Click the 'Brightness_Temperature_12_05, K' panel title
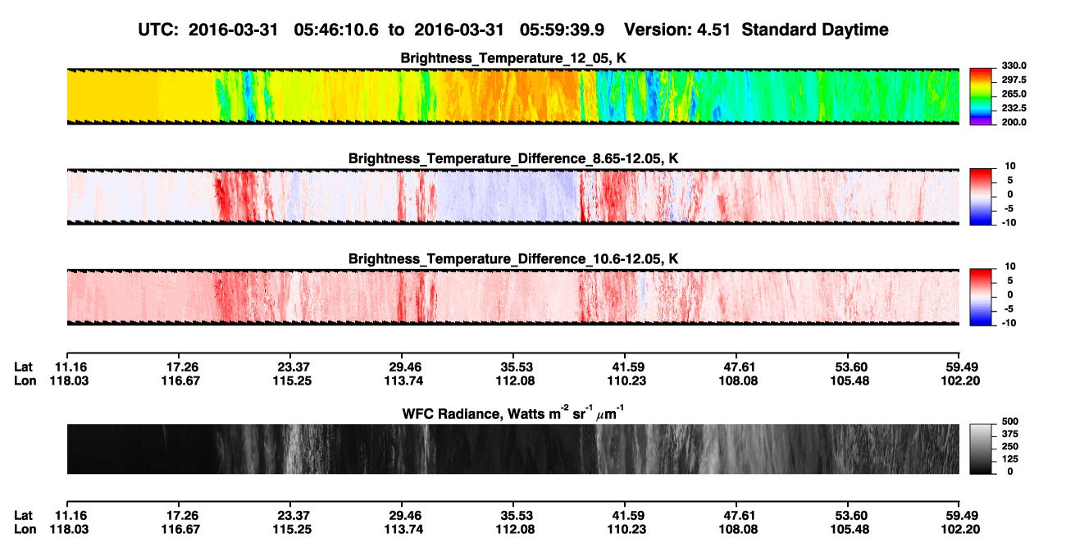(513, 58)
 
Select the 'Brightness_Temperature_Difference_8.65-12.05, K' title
(513, 158)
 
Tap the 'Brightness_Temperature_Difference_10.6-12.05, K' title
(513, 259)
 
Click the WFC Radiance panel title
(513, 413)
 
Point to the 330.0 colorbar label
(1014, 66)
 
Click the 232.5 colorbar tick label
(1014, 108)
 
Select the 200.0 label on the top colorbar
(1014, 122)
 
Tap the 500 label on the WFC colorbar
(1009, 422)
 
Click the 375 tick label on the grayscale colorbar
(1009, 434)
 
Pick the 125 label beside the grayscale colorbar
(1009, 459)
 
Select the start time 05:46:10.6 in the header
(336, 30)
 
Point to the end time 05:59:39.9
(562, 30)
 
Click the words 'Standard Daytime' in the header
(815, 30)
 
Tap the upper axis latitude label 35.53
(517, 367)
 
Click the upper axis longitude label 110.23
(626, 381)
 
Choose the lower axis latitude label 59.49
(962, 516)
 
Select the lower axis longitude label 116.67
(180, 530)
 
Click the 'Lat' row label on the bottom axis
(23, 516)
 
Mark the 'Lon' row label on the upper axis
(25, 381)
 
